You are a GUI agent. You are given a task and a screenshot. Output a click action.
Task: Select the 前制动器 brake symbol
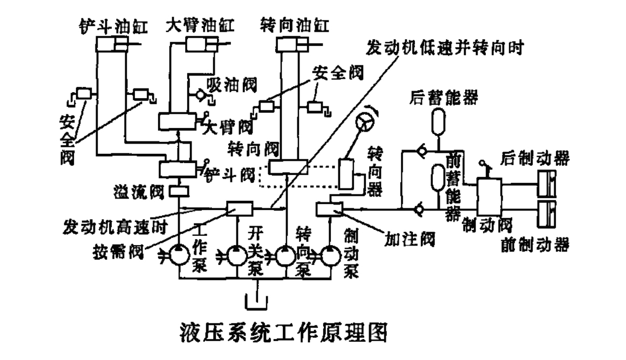547,213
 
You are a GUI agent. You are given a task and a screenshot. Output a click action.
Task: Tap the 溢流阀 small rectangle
179,191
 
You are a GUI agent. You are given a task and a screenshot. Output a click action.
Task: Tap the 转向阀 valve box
288,167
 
